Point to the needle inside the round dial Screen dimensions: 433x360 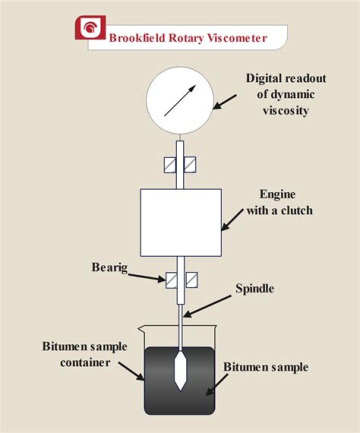(179, 100)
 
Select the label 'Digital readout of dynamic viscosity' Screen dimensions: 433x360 (285, 94)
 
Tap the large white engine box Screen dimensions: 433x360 (180, 221)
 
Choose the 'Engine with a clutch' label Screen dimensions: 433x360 (278, 202)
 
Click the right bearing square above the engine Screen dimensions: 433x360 (189, 164)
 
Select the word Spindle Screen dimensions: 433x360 (255, 288)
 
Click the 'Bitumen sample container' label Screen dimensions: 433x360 (85, 354)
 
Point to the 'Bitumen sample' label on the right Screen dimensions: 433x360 (265, 367)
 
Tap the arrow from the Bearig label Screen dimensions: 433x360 (146, 276)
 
